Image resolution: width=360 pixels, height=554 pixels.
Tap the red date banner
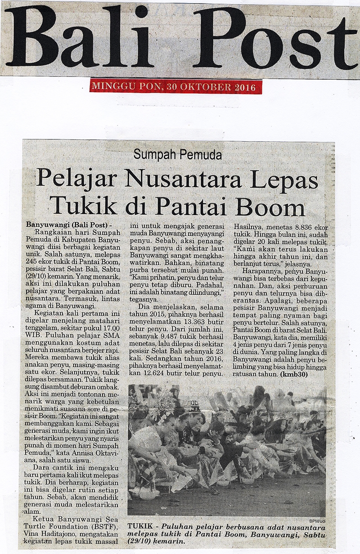pos(175,86)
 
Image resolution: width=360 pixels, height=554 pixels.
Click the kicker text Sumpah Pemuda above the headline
pos(178,156)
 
